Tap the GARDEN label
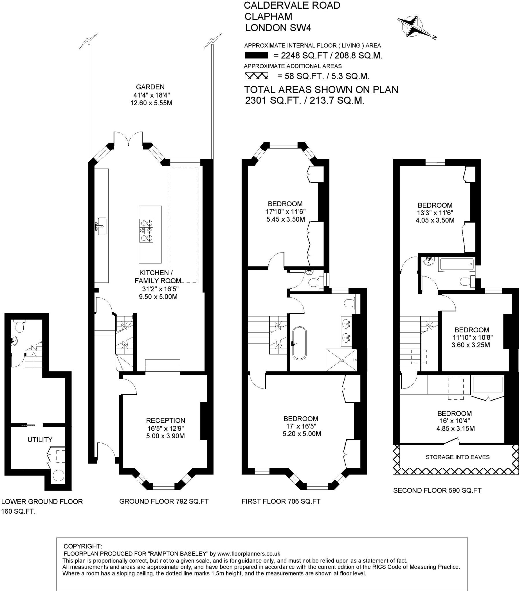point(150,87)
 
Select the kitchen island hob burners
point(146,231)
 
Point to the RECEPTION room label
point(165,420)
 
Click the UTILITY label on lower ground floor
point(40,439)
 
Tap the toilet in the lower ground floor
point(20,326)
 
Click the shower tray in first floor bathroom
point(342,360)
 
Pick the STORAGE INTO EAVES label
point(458,457)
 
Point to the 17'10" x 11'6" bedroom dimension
point(285,211)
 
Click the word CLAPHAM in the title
point(268,16)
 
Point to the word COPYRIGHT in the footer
point(83,546)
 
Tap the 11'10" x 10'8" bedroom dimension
point(473,337)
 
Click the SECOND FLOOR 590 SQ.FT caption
point(437,490)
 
